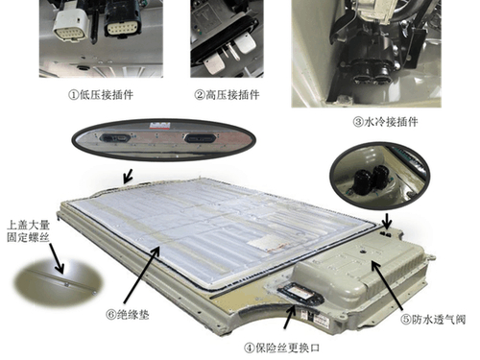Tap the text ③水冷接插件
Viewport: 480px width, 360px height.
coord(385,122)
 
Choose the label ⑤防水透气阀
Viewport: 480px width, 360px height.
coord(433,320)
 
